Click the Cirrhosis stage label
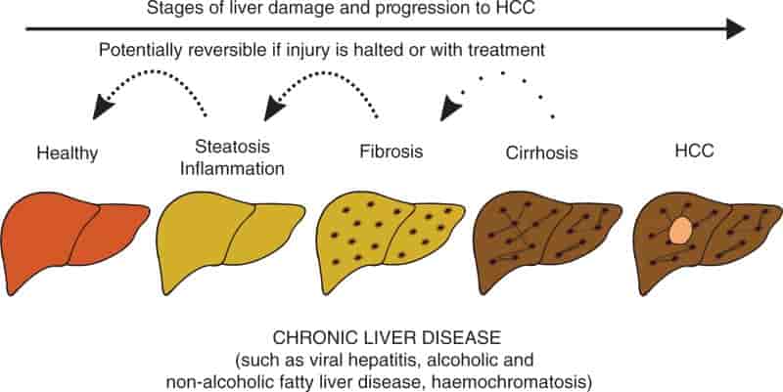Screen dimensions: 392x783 click(542, 152)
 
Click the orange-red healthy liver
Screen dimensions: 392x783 click(73, 240)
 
